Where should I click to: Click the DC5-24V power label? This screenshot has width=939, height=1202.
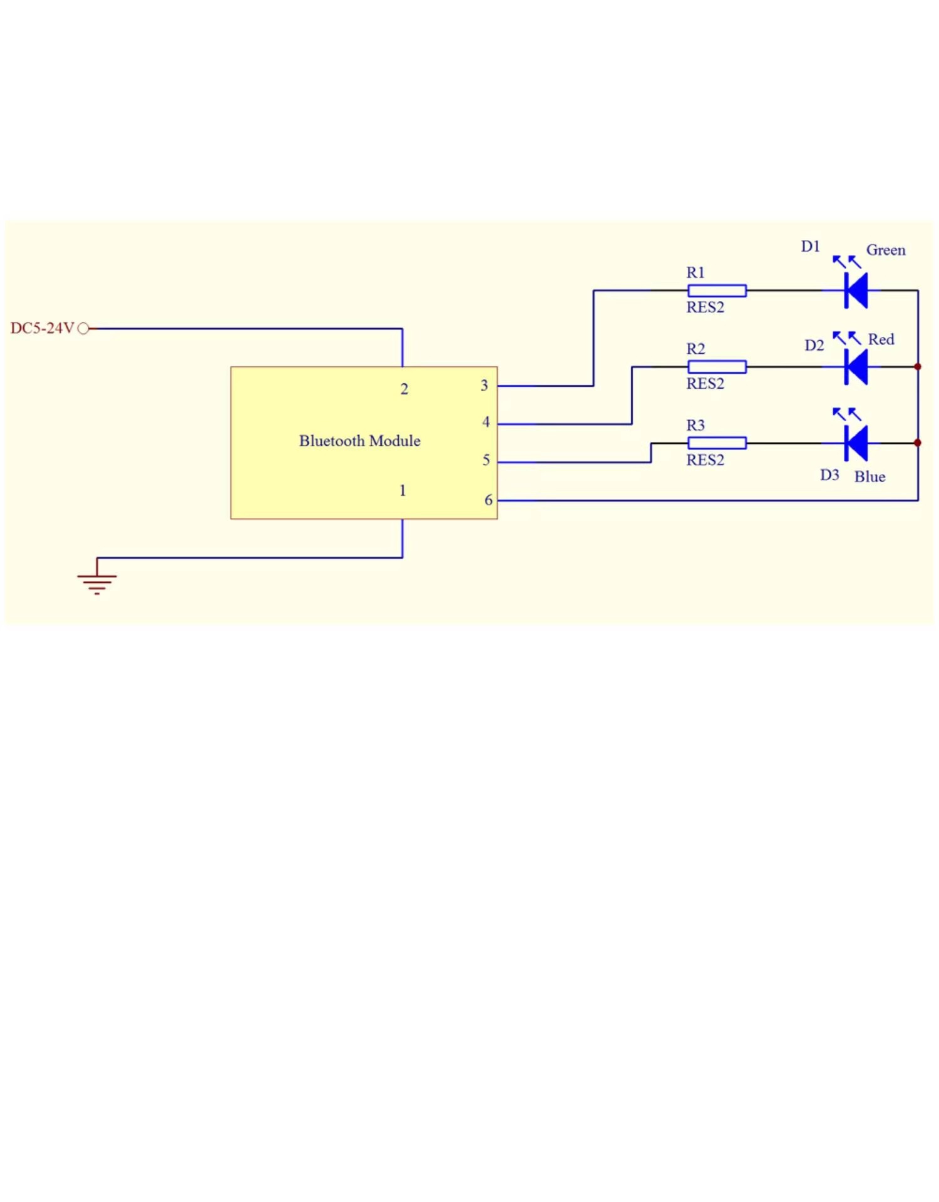click(x=42, y=328)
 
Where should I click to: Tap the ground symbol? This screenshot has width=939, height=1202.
click(x=96, y=582)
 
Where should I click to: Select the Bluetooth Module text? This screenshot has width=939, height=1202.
click(x=359, y=441)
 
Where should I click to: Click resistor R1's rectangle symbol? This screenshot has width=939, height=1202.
click(x=717, y=290)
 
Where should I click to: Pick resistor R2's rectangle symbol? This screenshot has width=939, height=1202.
click(x=717, y=367)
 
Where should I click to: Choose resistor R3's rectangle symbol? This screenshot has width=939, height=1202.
click(x=717, y=443)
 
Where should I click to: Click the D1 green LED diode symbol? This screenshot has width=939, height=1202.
click(x=855, y=290)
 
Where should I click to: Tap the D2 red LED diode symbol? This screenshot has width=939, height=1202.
click(x=855, y=367)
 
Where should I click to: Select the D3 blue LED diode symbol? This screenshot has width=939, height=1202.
click(x=855, y=443)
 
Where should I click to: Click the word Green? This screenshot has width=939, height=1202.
click(x=885, y=250)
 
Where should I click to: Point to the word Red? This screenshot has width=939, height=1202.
click(x=880, y=339)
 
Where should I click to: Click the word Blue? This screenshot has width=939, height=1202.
click(x=870, y=477)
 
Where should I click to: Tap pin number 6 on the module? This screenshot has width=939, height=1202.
click(x=488, y=500)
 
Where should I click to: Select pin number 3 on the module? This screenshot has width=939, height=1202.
click(x=484, y=386)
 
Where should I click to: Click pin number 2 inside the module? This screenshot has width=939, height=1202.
click(x=404, y=389)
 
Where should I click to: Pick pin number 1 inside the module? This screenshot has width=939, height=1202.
click(x=403, y=491)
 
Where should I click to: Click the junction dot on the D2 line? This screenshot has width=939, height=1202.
click(x=918, y=367)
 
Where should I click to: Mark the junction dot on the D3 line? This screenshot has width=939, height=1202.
click(x=918, y=443)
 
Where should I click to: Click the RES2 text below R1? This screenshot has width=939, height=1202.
click(x=705, y=307)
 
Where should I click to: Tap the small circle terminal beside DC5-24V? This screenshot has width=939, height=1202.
click(x=83, y=329)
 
